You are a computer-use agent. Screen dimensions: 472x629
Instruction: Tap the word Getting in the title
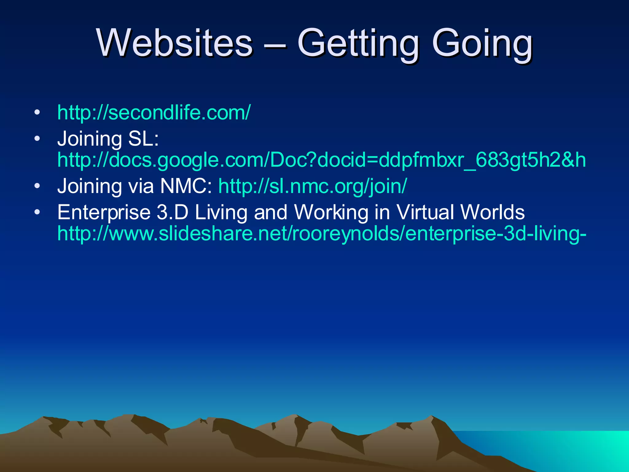click(x=358, y=43)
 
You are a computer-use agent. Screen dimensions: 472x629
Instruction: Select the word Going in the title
click(x=482, y=43)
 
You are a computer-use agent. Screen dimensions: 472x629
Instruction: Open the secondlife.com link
click(x=154, y=112)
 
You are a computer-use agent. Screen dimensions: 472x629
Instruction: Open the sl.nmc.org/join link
click(x=312, y=186)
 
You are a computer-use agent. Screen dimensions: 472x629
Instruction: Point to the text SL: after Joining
click(x=143, y=139)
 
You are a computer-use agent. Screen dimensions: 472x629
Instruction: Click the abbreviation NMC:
click(x=186, y=186)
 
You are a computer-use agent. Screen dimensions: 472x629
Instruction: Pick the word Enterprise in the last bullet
click(x=104, y=213)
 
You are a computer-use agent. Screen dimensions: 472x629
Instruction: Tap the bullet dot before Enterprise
click(x=37, y=212)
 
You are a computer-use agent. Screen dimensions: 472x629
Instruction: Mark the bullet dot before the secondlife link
click(x=37, y=112)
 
